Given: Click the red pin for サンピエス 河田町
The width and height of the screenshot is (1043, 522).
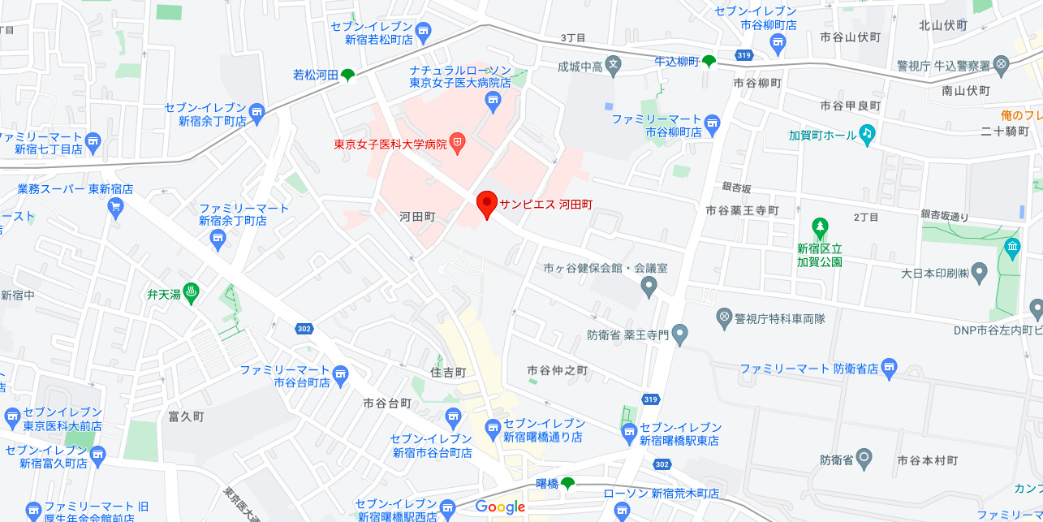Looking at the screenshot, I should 486,203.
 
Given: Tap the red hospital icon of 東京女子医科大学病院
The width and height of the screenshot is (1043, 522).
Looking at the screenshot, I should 458,145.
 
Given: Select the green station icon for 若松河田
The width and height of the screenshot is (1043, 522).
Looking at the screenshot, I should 347,75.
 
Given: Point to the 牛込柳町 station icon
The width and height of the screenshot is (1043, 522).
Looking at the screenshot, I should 709,62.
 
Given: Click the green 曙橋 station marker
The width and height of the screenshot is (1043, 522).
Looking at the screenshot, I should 567,484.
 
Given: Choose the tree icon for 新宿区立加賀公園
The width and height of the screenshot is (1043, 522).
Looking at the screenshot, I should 820,226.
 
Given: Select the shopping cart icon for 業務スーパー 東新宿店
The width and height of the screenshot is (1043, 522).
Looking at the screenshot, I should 115,207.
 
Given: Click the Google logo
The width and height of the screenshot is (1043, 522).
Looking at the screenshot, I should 501,507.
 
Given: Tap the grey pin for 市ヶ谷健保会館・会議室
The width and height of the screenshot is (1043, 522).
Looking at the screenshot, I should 648,286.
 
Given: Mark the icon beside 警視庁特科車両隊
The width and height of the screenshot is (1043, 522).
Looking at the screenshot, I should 725,317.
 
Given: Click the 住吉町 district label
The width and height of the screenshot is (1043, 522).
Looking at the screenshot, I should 448,372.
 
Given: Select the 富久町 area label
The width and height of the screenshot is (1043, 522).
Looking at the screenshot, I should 185,416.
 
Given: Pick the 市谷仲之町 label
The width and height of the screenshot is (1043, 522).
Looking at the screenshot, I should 557,370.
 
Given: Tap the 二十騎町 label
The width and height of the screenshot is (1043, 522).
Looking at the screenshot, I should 1004,132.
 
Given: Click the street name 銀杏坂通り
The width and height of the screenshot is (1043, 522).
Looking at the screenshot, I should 945,215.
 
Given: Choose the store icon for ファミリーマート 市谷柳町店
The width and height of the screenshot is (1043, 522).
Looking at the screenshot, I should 713,124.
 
